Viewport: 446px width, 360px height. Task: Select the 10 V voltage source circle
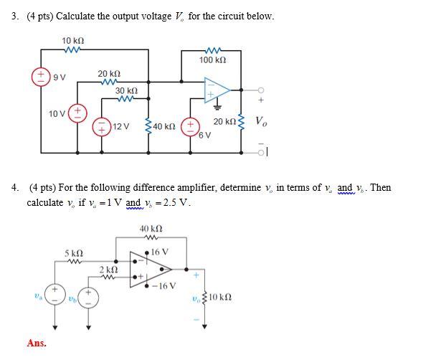pos(77,113)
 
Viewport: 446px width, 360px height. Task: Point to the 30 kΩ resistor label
pos(127,91)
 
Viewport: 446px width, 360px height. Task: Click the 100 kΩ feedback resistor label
pos(212,60)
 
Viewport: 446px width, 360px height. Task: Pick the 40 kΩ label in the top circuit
pos(164,127)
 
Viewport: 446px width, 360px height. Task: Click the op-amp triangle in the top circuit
pos(216,90)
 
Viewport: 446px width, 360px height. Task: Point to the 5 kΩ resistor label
pos(74,253)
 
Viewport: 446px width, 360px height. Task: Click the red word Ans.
pos(37,343)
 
